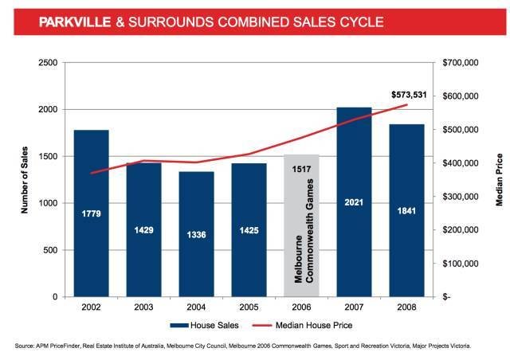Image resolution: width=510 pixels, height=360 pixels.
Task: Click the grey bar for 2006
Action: coord(301,263)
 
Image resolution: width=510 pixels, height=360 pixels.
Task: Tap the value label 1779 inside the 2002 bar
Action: coord(91,213)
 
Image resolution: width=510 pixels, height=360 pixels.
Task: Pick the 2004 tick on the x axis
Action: coord(196,307)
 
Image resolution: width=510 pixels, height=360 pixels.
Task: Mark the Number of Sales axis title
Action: coord(25,179)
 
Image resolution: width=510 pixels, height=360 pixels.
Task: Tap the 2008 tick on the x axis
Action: coord(406,307)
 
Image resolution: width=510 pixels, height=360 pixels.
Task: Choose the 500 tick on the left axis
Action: coord(52,250)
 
